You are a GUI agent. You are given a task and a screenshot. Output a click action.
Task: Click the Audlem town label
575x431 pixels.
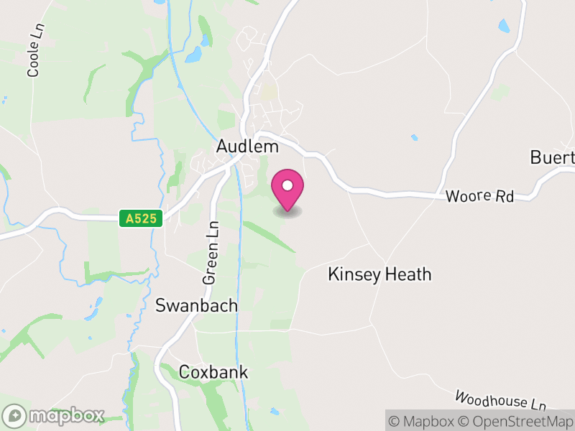point(247,147)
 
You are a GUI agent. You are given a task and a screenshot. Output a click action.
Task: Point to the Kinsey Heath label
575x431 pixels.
point(379,274)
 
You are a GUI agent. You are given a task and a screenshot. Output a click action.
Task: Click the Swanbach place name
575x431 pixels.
point(196,305)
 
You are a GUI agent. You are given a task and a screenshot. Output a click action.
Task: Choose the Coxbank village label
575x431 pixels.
point(213,372)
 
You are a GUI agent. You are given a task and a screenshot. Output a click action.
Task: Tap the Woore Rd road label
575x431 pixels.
point(479,196)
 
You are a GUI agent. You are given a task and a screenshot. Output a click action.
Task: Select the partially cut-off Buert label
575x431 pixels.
point(552,157)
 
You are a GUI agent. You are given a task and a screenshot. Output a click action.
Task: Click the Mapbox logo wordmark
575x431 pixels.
point(66,416)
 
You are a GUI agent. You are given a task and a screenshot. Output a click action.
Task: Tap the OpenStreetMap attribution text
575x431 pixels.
point(514,421)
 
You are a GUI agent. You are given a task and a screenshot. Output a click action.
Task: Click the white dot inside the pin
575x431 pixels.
point(287,185)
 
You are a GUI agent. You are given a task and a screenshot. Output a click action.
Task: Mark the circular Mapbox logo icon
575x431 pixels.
point(15,416)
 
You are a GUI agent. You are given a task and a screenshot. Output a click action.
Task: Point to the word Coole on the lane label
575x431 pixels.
point(33,63)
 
